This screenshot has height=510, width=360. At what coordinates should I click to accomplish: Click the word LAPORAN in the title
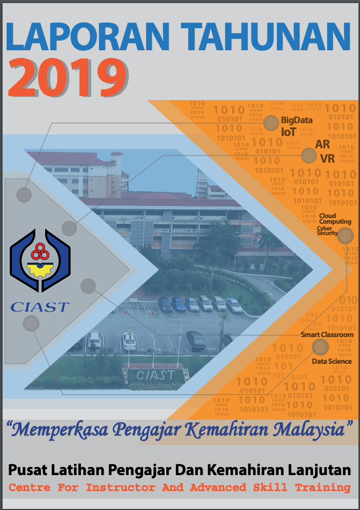(87, 36)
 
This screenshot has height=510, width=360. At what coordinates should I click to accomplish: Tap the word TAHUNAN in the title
(266, 36)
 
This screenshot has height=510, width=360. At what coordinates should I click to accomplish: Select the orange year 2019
(68, 78)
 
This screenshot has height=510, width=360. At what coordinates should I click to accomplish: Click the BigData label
(296, 120)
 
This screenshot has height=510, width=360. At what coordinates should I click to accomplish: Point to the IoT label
(288, 132)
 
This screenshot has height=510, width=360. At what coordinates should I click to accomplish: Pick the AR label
(322, 144)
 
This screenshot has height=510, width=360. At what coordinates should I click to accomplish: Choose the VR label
(327, 159)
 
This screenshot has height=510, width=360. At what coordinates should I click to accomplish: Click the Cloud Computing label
(335, 219)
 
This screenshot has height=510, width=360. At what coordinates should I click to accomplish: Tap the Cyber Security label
(327, 230)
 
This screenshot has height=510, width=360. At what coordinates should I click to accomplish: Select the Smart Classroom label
(327, 335)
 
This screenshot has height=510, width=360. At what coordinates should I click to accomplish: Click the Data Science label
(332, 361)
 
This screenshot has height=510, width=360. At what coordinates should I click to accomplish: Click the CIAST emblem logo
(40, 260)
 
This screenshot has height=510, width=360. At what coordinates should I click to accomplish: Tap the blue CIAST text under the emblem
(40, 307)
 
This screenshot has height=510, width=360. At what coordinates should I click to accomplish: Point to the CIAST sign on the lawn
(155, 376)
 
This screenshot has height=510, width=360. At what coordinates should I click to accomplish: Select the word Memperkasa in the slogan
(61, 430)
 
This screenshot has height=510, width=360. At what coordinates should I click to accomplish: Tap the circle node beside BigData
(271, 123)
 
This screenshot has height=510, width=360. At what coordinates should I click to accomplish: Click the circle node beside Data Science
(321, 347)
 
